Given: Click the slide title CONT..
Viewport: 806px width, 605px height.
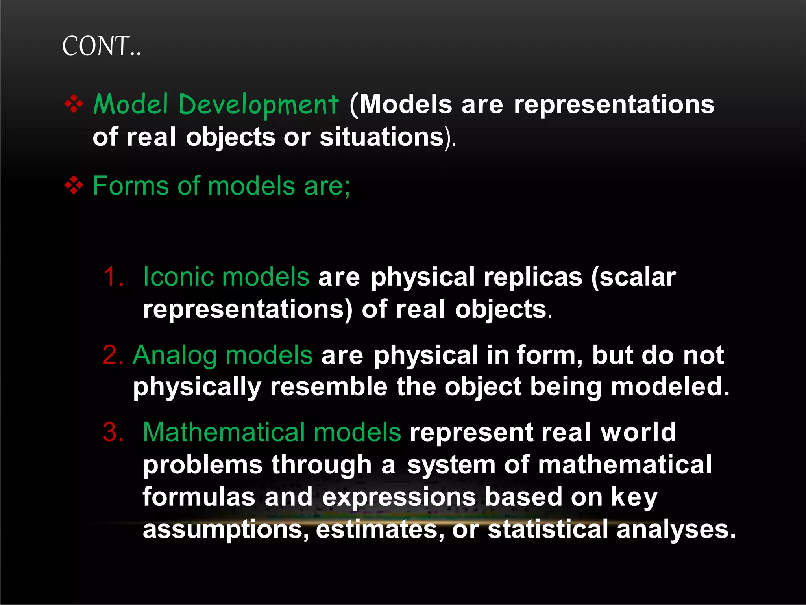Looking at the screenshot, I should click(101, 46).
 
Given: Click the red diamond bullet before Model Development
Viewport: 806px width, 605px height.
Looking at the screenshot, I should click(74, 104).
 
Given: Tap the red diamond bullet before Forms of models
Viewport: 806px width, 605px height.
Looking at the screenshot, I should click(74, 186).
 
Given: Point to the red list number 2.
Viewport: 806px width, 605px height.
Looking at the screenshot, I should click(113, 355).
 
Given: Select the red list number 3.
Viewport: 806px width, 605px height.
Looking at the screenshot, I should click(113, 432).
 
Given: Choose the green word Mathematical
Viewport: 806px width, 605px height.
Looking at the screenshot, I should click(224, 432).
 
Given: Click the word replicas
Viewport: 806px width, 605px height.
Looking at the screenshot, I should click(533, 277).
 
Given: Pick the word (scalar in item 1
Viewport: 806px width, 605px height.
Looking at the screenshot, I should click(634, 277).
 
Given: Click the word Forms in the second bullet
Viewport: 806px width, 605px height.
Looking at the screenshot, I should click(130, 186).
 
